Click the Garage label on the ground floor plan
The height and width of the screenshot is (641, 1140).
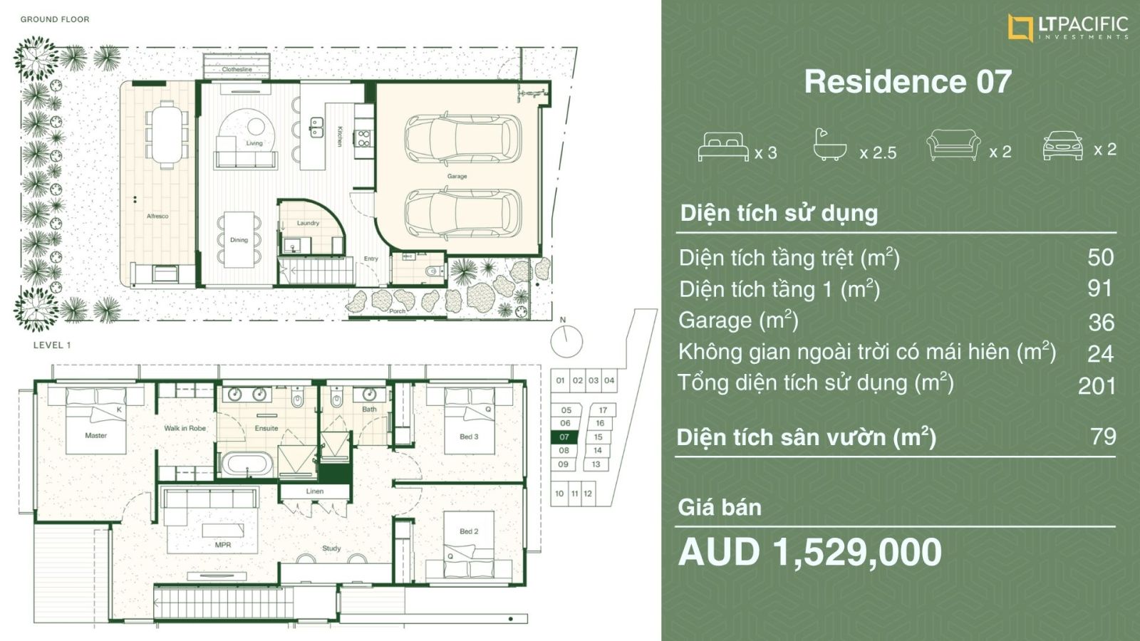point(457,176)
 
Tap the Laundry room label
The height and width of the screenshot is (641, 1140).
point(308,223)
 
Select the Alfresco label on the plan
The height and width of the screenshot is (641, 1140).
point(157,217)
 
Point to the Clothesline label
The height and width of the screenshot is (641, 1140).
point(237,69)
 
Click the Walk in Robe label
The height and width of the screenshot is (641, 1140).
point(185,428)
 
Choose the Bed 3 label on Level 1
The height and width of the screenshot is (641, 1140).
point(469,437)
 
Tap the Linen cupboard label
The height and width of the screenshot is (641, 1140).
point(314,491)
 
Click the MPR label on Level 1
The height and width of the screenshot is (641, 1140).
point(223,545)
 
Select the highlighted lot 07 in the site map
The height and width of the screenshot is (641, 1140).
point(564,437)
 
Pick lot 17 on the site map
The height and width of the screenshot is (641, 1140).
point(603,410)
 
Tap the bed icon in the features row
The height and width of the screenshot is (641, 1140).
point(723,147)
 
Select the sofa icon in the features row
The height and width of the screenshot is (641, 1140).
point(953,145)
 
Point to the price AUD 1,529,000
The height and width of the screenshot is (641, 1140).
point(809,553)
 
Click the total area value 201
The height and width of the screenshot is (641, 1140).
point(1097,387)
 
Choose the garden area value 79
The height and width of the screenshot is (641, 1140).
point(1104,437)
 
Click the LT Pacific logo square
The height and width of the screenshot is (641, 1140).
point(1020,28)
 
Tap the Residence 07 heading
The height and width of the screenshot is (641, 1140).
point(908,81)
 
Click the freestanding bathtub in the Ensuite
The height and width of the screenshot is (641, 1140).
point(247,464)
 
